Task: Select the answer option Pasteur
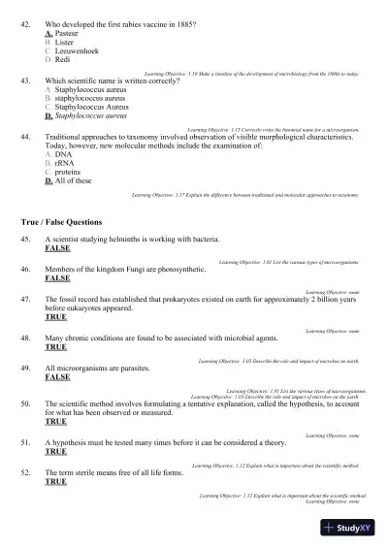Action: point(67,32)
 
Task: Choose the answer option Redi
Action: point(65,62)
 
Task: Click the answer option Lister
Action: point(66,43)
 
